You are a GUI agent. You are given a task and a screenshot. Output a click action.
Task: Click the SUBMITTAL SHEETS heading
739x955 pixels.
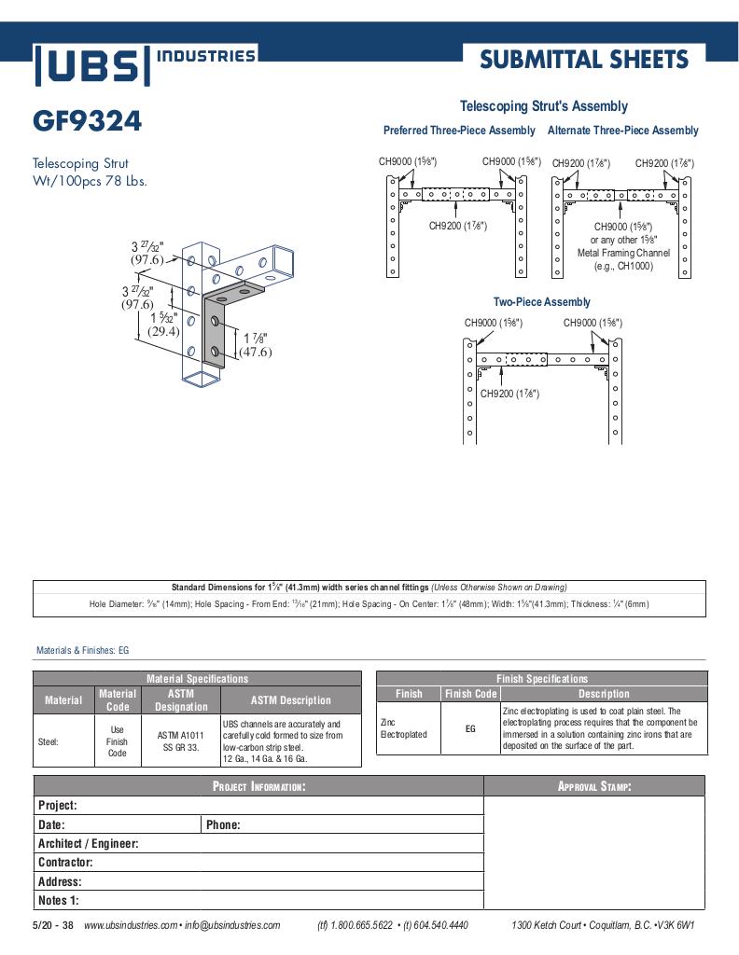point(584,60)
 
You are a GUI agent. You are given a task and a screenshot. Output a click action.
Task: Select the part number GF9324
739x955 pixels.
point(88,121)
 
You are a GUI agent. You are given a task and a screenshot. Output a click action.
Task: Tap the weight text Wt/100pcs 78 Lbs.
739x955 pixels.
point(90,181)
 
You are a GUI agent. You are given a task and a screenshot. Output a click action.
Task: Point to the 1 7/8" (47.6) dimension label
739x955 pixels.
point(254,345)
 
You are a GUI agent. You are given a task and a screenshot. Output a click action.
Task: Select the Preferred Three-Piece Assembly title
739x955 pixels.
point(459,131)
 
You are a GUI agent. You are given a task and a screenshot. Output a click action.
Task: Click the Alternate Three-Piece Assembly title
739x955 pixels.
point(622,131)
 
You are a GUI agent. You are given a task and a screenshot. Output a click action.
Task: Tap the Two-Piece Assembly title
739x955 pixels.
point(541,302)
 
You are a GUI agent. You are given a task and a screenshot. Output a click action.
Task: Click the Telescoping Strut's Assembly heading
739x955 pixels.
point(543,106)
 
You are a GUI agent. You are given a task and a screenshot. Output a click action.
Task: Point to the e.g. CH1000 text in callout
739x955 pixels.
point(622,266)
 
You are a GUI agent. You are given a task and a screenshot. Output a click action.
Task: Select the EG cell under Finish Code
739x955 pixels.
point(470,728)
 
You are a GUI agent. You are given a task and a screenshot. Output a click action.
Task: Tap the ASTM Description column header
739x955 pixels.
point(290,700)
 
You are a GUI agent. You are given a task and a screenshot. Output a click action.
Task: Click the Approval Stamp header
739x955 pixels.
point(594,786)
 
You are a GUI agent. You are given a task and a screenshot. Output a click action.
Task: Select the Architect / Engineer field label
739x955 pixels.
point(88,843)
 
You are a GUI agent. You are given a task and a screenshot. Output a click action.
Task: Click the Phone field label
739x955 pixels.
point(223,824)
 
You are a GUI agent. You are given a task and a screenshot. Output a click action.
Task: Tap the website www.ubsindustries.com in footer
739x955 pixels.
point(131,925)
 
